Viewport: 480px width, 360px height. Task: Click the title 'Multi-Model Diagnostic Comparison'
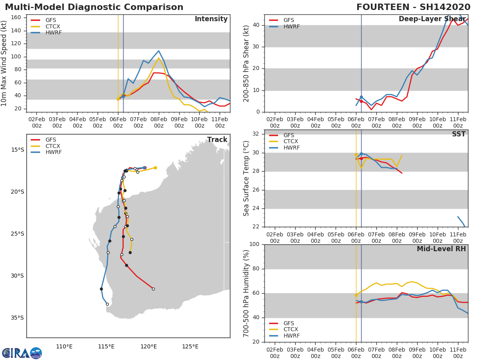(94, 7)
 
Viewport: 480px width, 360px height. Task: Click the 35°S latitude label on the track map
(16, 318)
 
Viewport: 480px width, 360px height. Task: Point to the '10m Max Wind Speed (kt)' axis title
(4, 63)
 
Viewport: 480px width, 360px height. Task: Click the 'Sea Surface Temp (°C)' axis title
(246, 178)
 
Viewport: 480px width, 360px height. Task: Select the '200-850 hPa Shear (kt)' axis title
(246, 63)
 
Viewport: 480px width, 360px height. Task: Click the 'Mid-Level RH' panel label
(441, 249)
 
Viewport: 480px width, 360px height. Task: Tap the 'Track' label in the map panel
(217, 140)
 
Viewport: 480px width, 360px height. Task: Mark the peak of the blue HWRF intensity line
(158, 51)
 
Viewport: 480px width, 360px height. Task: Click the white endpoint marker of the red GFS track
(153, 289)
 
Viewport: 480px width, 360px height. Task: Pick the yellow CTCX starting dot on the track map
(155, 168)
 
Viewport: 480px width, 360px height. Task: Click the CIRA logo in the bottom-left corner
(22, 353)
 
